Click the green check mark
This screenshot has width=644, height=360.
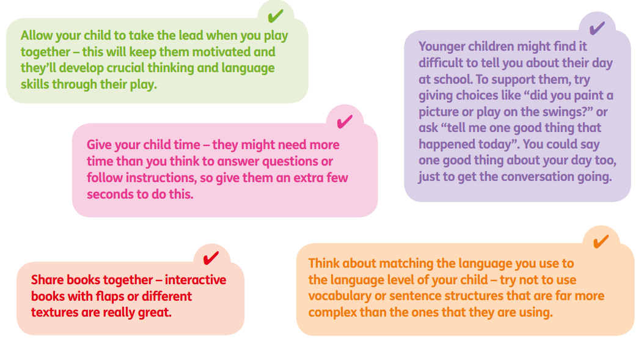(x=275, y=16)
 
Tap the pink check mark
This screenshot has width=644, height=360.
(x=344, y=122)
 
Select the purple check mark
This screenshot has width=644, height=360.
(x=597, y=28)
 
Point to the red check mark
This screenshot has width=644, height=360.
(x=211, y=258)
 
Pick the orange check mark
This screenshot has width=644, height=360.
(x=601, y=241)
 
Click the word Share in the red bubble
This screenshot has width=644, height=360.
(x=47, y=280)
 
